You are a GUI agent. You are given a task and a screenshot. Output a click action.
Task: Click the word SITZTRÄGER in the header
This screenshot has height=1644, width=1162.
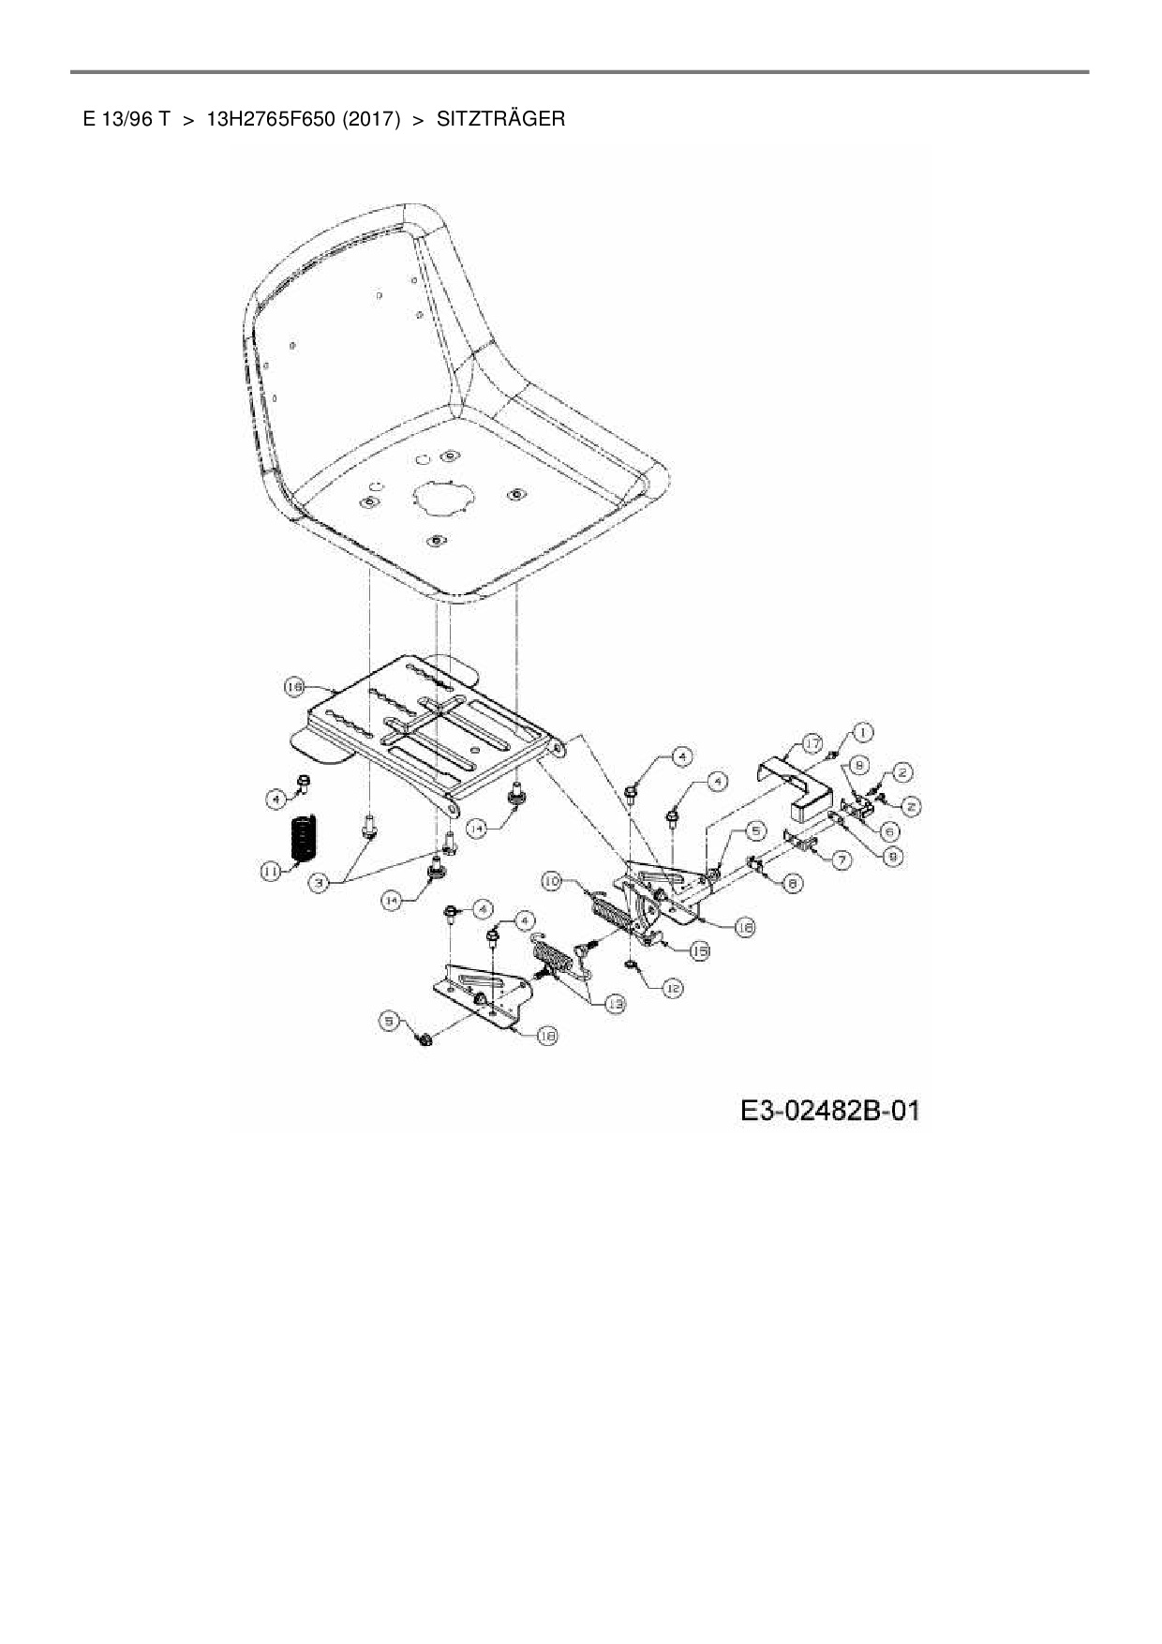(500, 119)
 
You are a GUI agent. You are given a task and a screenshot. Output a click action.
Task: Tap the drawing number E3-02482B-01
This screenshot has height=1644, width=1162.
(829, 1112)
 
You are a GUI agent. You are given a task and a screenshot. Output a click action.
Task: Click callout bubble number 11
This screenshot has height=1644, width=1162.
(270, 873)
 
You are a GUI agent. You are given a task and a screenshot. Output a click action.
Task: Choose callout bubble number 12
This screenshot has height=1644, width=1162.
(673, 988)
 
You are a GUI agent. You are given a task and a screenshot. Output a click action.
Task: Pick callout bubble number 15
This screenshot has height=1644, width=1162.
(698, 950)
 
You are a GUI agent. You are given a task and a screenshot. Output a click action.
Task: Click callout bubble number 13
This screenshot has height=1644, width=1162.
(615, 1003)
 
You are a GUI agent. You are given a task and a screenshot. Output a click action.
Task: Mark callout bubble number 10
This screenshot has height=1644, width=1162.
(553, 881)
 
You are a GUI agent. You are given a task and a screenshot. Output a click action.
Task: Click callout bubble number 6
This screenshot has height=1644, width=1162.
(891, 831)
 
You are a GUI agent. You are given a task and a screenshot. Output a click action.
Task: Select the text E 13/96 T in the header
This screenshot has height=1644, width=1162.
(126, 119)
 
